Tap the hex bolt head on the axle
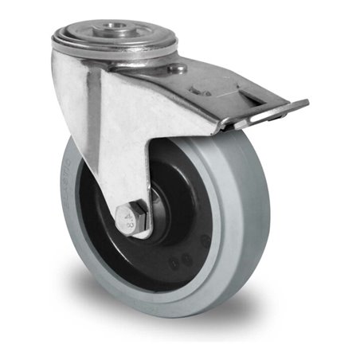(130, 217)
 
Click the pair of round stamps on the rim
(182, 258)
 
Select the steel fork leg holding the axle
(135, 159)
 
